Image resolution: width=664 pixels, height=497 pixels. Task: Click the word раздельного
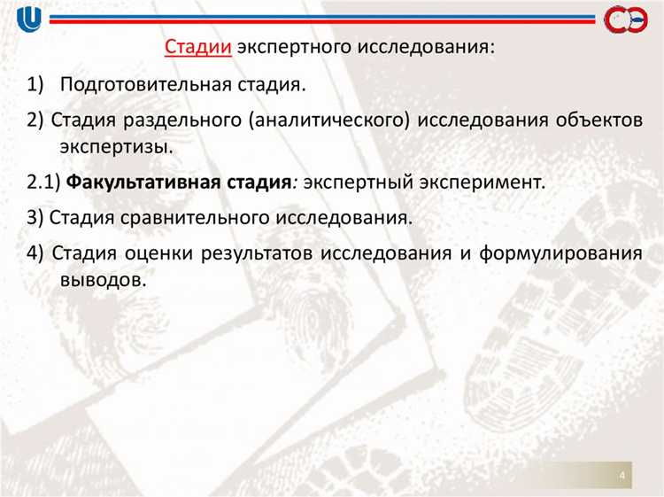pos(183,120)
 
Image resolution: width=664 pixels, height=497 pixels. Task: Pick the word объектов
pos(596,120)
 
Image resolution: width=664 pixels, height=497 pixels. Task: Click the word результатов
pos(257,252)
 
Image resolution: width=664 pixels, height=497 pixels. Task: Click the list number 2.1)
pos(42,183)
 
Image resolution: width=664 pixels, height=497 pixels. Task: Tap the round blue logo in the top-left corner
pos(30,19)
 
